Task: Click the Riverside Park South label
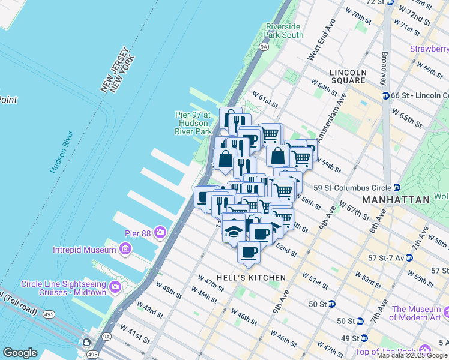click(284, 31)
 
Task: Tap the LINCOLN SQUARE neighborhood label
click(348, 76)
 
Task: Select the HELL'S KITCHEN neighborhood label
click(241, 278)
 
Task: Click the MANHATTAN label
click(396, 199)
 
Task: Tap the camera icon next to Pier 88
click(160, 232)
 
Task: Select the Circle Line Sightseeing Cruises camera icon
click(115, 287)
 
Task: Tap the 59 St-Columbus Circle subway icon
click(397, 187)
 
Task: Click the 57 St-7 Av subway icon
click(409, 257)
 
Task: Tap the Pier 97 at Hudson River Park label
click(193, 122)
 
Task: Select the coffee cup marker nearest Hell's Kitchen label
click(249, 252)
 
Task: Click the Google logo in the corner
click(20, 353)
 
